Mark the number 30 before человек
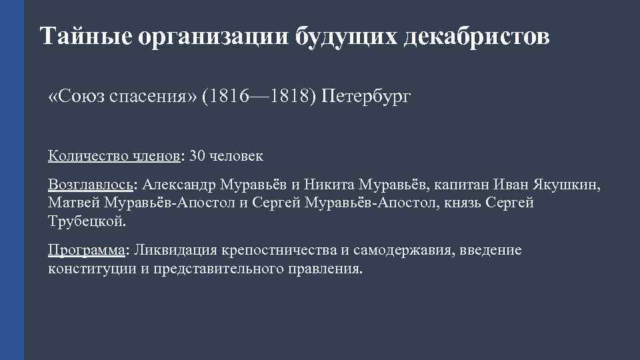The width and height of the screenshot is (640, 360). pyautogui.click(x=198, y=156)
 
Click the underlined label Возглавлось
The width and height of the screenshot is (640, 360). pyautogui.click(x=90, y=184)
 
